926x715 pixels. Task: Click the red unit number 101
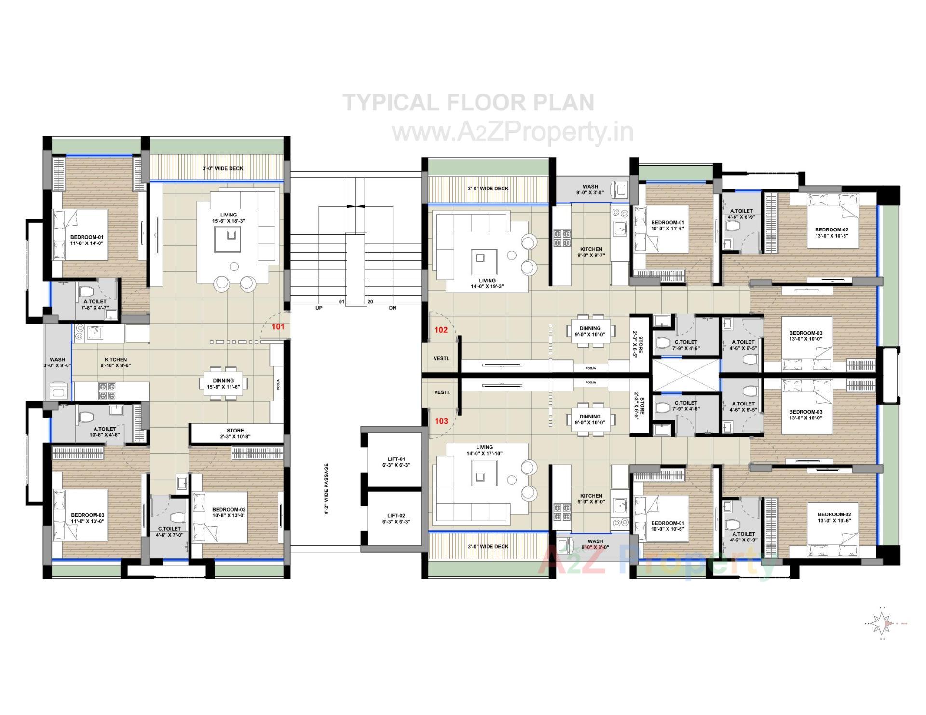tap(278, 326)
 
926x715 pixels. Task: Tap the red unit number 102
tap(441, 330)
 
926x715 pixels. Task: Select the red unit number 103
tap(441, 421)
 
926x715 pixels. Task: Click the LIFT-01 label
tap(395, 462)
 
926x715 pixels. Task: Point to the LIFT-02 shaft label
tap(395, 518)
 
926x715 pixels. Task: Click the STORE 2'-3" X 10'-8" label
tap(235, 433)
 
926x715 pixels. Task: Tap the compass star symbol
tap(882, 624)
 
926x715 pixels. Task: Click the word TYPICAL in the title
tap(390, 103)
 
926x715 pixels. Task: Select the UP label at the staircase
tap(319, 308)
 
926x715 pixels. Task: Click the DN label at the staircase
tap(392, 308)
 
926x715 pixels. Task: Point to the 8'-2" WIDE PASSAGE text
tap(327, 489)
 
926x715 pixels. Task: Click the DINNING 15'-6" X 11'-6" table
tap(223, 383)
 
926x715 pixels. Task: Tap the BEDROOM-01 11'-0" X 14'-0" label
tap(87, 240)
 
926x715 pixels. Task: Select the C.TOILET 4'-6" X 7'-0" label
tap(169, 532)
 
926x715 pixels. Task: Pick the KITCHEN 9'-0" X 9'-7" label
tap(591, 252)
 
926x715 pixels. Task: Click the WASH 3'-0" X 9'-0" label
tap(57, 362)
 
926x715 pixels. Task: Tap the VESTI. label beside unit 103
tap(442, 392)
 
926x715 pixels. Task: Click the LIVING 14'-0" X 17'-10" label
tap(484, 450)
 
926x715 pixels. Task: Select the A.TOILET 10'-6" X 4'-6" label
tap(105, 432)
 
